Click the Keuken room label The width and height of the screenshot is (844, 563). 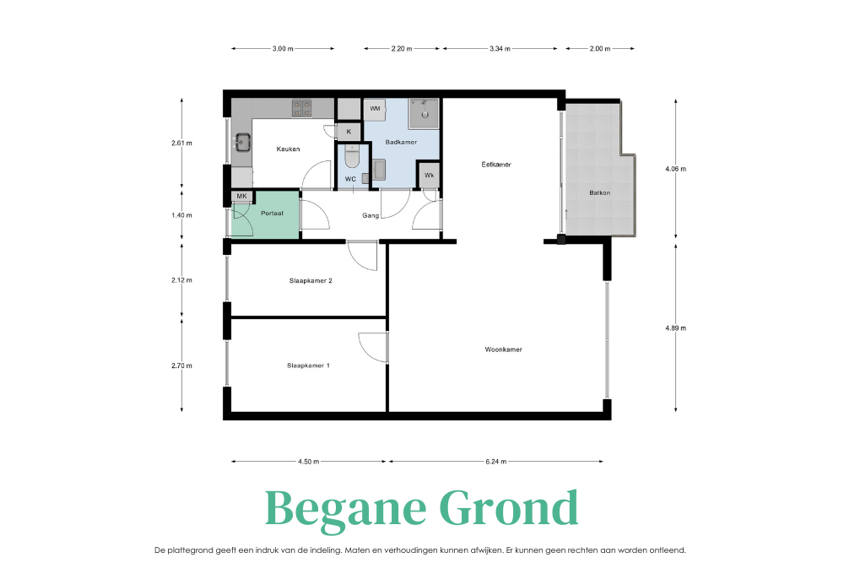tap(288, 149)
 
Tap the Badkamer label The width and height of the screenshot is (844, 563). tap(401, 142)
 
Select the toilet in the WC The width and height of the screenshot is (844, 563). tap(351, 157)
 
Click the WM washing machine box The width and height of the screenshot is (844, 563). tap(375, 109)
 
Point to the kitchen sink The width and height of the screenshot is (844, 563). tap(242, 143)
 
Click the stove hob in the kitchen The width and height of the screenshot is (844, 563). tap(302, 108)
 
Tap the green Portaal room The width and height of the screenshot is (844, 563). tap(265, 214)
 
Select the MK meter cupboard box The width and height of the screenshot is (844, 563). tap(241, 197)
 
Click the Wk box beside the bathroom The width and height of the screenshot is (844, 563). tap(429, 176)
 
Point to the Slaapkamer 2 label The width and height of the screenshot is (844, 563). tap(311, 280)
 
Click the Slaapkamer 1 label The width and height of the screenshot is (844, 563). tap(308, 365)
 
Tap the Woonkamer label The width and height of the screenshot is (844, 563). tap(503, 349)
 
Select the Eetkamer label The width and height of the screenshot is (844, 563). tap(496, 165)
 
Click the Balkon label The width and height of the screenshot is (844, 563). tap(599, 192)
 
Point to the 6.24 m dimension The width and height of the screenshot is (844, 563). tap(495, 461)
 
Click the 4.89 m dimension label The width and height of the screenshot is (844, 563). tap(675, 328)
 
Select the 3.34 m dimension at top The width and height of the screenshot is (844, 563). tap(500, 48)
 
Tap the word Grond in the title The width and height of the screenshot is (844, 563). tap(509, 507)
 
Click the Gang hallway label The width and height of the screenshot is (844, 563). tap(371, 215)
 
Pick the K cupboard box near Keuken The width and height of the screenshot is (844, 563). tap(349, 132)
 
